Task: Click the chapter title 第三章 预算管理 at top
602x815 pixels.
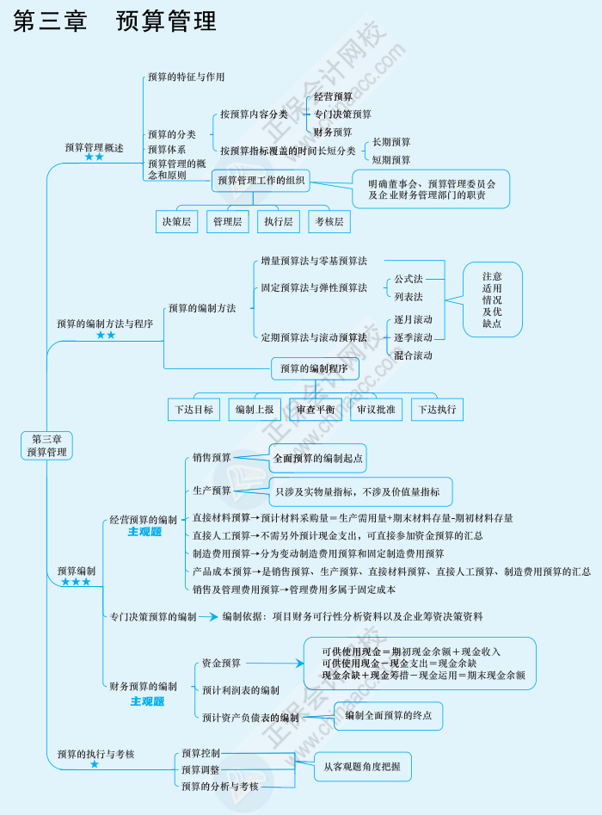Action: point(114,22)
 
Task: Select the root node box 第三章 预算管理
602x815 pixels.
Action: point(46,445)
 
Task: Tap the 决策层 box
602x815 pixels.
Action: point(176,221)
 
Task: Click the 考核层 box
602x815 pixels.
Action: point(329,221)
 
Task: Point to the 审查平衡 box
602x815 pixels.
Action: point(316,409)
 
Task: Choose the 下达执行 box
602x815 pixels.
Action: point(437,409)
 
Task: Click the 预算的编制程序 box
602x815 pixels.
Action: point(315,368)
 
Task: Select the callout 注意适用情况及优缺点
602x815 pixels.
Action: point(492,299)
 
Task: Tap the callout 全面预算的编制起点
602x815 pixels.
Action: point(318,458)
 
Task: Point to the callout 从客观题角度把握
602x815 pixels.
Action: point(362,765)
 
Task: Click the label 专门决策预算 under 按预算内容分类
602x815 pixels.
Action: point(342,114)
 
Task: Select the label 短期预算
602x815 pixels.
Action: point(391,160)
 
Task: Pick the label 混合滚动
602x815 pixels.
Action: point(413,355)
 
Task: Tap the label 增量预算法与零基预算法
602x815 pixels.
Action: point(314,260)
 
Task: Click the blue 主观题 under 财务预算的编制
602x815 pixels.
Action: point(146,701)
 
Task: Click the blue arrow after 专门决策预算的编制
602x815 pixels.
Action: point(208,616)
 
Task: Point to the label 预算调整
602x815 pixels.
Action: point(200,769)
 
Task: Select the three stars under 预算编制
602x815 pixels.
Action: point(76,583)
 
